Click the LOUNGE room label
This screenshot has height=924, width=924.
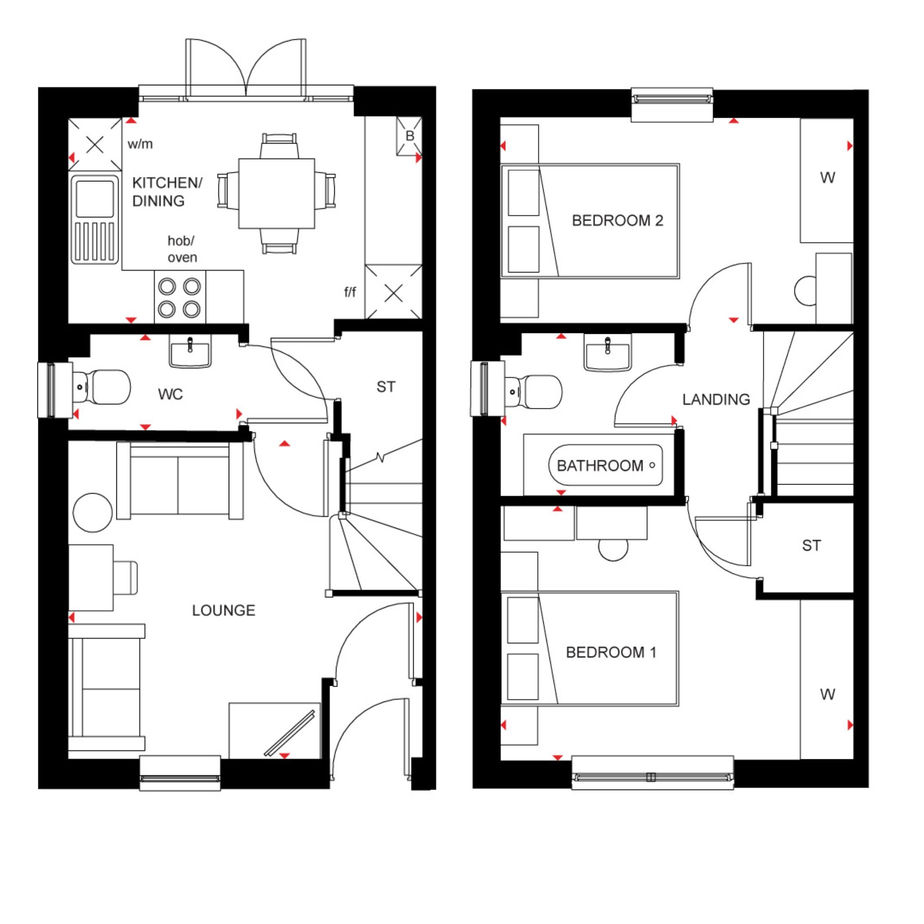(x=223, y=610)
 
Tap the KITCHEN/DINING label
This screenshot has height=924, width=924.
(x=167, y=192)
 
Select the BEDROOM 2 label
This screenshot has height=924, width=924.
(x=618, y=221)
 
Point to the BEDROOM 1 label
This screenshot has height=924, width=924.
(x=611, y=652)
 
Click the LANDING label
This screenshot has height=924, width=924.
(x=716, y=399)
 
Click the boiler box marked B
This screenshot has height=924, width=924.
(x=409, y=136)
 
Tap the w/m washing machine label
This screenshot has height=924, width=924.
(x=140, y=144)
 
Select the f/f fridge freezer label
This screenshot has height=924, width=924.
(x=350, y=292)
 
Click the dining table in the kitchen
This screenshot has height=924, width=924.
(x=277, y=193)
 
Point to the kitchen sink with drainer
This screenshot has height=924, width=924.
(x=95, y=220)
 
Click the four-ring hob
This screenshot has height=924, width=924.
(x=180, y=298)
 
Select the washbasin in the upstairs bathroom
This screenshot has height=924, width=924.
(x=607, y=352)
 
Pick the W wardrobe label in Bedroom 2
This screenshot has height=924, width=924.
(x=827, y=178)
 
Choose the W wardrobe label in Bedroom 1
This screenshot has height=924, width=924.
(x=827, y=694)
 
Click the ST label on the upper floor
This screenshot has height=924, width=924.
(x=811, y=546)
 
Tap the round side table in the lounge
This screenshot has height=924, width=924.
(x=93, y=513)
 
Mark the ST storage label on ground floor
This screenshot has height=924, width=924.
(x=386, y=387)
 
